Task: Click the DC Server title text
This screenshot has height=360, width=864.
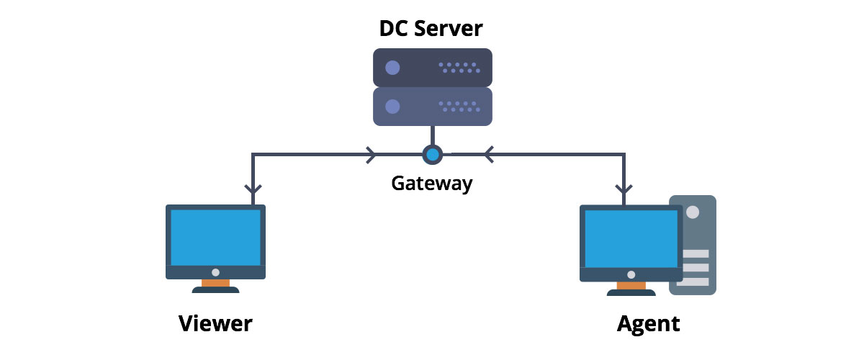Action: click(x=431, y=29)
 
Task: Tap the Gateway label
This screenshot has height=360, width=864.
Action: click(x=431, y=183)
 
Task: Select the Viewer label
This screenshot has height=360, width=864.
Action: click(x=215, y=323)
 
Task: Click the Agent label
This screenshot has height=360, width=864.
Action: click(x=648, y=323)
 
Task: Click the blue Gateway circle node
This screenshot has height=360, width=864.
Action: click(x=432, y=154)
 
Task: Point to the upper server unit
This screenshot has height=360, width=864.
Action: click(x=432, y=67)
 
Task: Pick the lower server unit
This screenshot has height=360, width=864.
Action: click(x=432, y=107)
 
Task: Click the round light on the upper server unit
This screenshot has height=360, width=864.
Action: click(x=392, y=68)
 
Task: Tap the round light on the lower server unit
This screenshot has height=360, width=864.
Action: click(x=392, y=107)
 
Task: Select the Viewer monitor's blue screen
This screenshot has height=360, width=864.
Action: click(x=215, y=238)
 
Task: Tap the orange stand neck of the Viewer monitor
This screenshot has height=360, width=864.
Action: click(x=215, y=284)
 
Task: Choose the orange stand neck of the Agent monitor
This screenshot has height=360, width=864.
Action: click(x=631, y=285)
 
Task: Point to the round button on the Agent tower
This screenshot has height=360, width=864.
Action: click(x=693, y=213)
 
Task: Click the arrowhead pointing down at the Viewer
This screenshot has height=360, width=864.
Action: click(x=252, y=190)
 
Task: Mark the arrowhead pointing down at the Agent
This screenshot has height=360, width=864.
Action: click(x=624, y=190)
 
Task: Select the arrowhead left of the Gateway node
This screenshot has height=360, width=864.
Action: click(x=372, y=154)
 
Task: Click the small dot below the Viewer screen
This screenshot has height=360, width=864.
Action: click(x=215, y=273)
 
